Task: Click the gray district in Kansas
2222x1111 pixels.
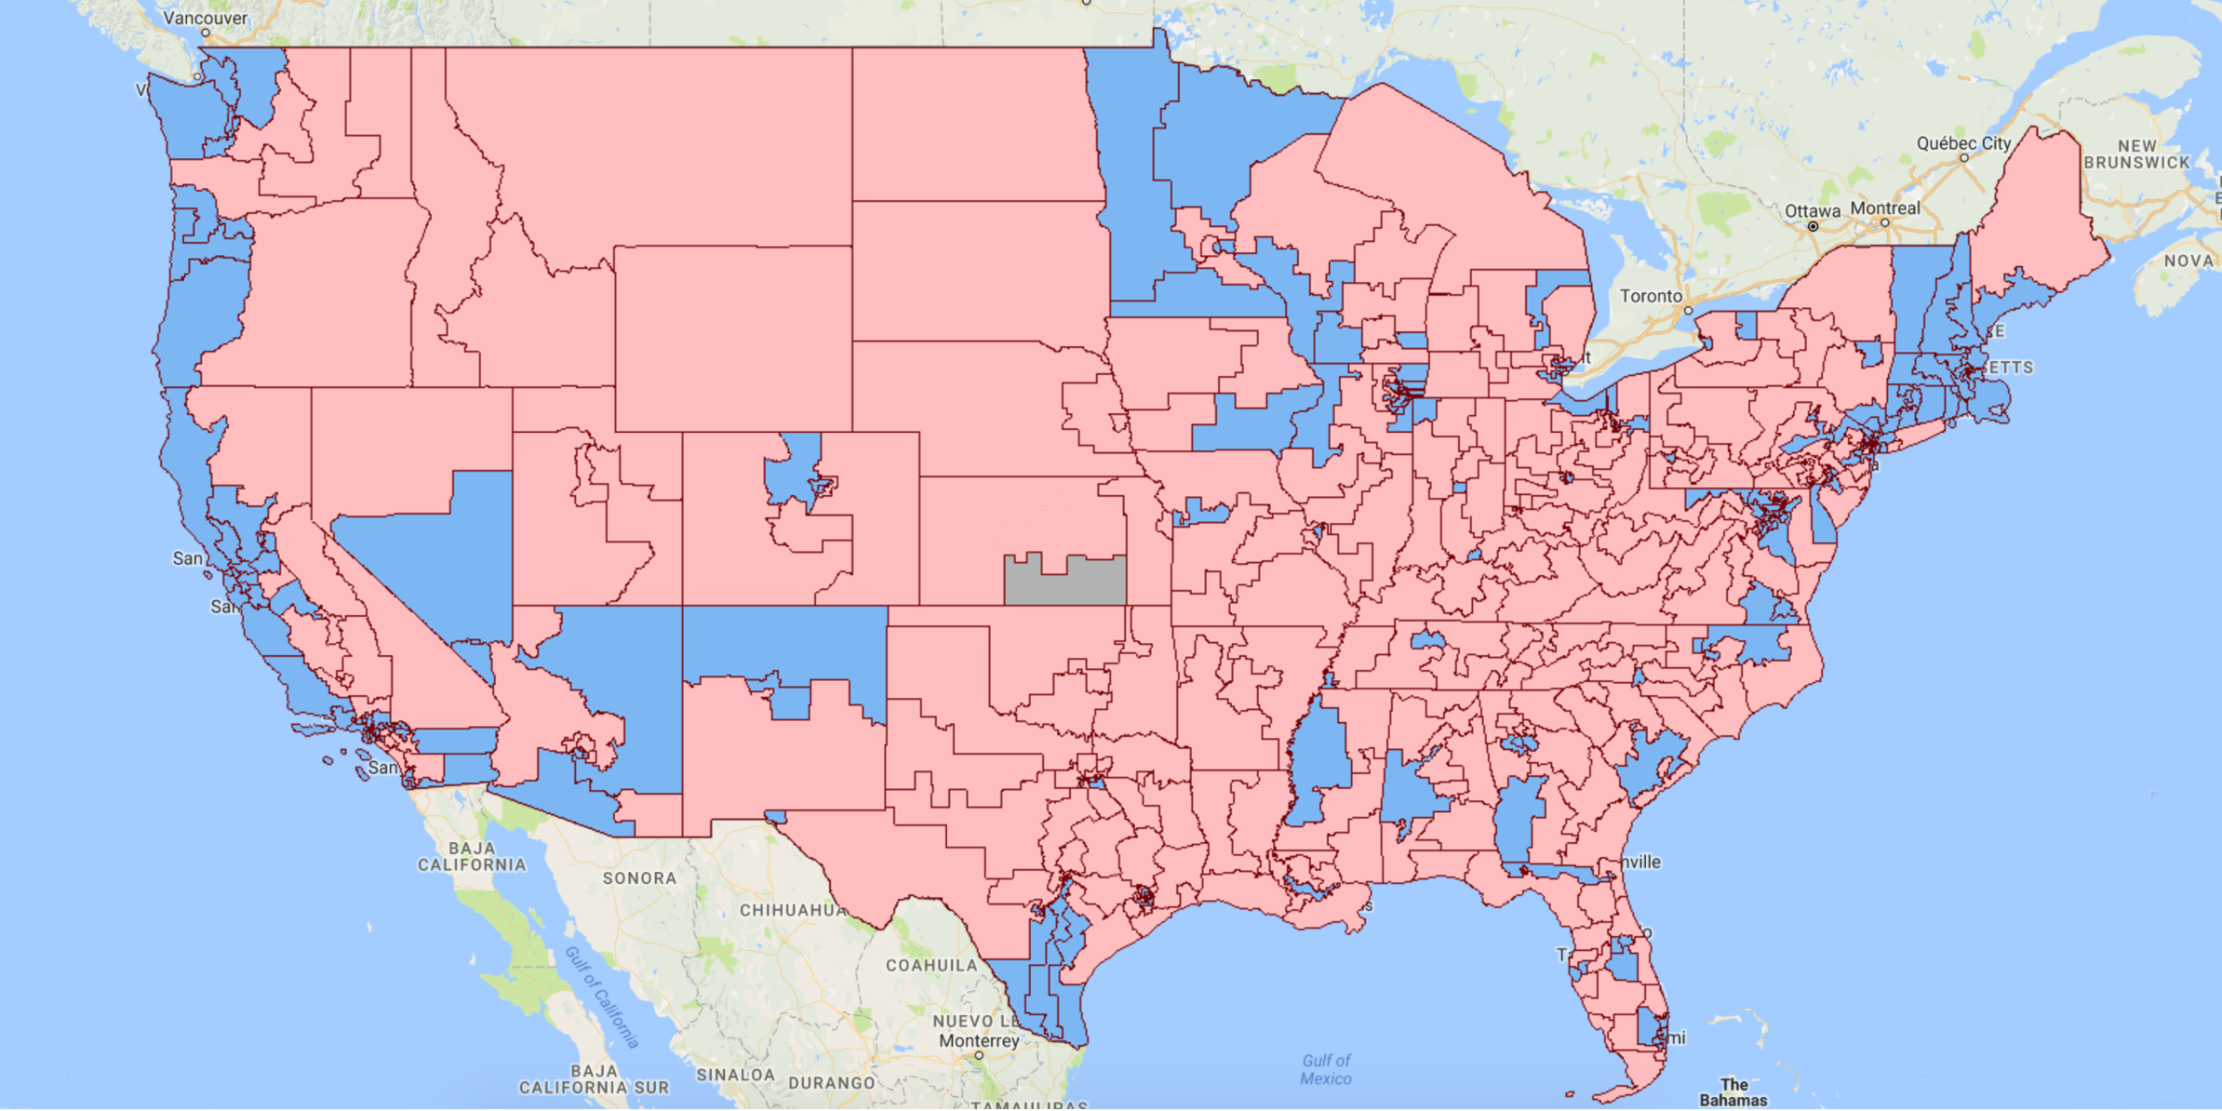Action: (1064, 582)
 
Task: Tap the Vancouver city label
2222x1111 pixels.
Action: (206, 18)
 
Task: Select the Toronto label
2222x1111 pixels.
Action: (1651, 296)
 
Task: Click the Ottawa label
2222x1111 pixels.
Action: (1812, 211)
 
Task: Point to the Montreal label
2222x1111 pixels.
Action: (1884, 208)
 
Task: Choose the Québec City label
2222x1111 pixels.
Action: (1963, 143)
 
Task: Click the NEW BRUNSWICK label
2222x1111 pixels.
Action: (2136, 154)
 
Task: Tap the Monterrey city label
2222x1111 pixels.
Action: (979, 1040)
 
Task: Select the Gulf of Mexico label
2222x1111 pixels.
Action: (1326, 1069)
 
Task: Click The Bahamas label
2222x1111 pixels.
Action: (1733, 1092)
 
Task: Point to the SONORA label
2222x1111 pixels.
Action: (639, 877)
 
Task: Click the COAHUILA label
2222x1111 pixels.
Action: (931, 965)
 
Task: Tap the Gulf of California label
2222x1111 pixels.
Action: (602, 997)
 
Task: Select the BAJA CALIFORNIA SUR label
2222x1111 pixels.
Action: (594, 1079)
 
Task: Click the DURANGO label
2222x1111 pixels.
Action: (831, 1083)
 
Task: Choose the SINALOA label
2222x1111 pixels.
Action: (735, 1075)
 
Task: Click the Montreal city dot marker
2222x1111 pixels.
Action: (1884, 223)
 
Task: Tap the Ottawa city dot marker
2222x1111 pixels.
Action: (1813, 226)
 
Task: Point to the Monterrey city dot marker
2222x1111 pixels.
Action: (979, 1055)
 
